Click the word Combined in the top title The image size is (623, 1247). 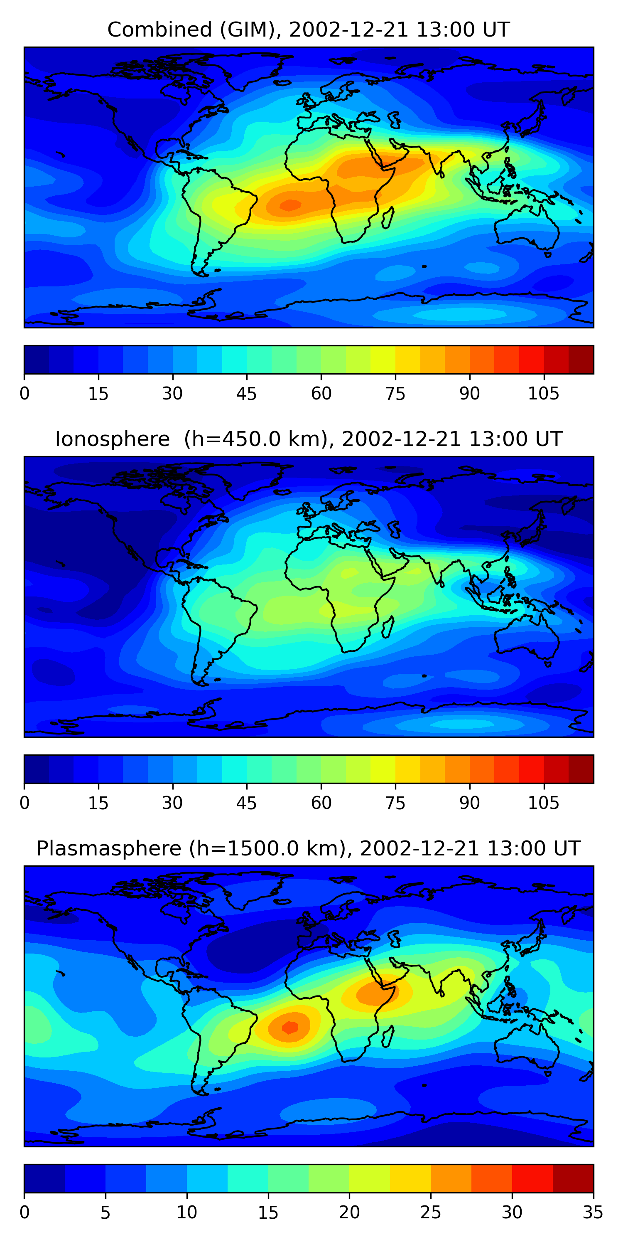[159, 30]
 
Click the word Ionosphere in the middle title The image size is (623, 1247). [112, 439]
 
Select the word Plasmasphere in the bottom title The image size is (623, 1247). [109, 849]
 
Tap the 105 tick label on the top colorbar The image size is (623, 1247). [543, 394]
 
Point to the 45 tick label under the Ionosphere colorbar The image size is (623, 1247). [246, 803]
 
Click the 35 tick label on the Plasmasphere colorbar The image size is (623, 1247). [593, 1212]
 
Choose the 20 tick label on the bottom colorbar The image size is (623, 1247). [349, 1212]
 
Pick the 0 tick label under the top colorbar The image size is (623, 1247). [25, 394]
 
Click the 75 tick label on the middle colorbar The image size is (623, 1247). [395, 803]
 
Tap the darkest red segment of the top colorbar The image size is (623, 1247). [581, 360]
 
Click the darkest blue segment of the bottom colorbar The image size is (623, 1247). [44, 1178]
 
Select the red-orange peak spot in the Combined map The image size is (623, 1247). [290, 205]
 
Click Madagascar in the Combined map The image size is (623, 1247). [388, 218]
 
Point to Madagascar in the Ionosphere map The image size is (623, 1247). [388, 627]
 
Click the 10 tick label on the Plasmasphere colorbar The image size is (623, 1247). [187, 1212]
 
